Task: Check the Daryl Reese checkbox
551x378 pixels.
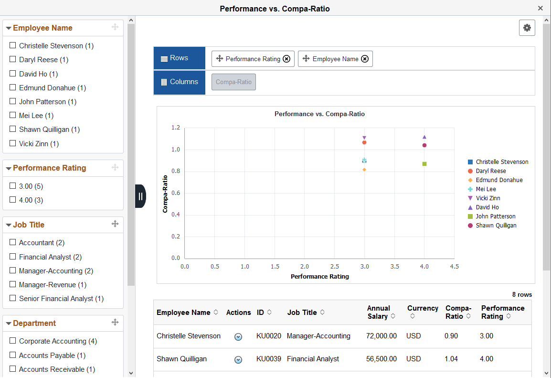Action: coord(13,60)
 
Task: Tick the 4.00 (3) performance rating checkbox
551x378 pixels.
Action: coord(13,200)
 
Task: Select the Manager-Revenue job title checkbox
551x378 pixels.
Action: coord(13,284)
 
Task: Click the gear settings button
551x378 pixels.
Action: coord(527,28)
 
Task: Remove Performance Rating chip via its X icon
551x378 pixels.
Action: coord(286,59)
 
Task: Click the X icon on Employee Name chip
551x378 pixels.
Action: coord(364,59)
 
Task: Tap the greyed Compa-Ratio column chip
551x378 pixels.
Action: coord(233,82)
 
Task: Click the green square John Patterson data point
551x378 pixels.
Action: coord(424,164)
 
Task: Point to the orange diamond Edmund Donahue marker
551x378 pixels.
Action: coord(364,170)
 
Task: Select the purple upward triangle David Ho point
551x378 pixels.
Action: coord(424,137)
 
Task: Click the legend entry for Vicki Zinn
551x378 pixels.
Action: coord(487,198)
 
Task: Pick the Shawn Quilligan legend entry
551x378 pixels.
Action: coord(496,226)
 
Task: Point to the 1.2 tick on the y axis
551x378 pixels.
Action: coord(176,128)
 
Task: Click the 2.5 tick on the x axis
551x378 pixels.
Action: coord(335,267)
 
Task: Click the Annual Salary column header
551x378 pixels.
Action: coord(378,312)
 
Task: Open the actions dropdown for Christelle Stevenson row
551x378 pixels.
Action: coord(238,336)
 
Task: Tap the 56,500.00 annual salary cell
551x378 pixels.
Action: coord(381,359)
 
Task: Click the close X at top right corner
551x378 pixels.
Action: coord(540,8)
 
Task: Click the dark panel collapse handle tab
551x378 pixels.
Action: coord(140,196)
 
